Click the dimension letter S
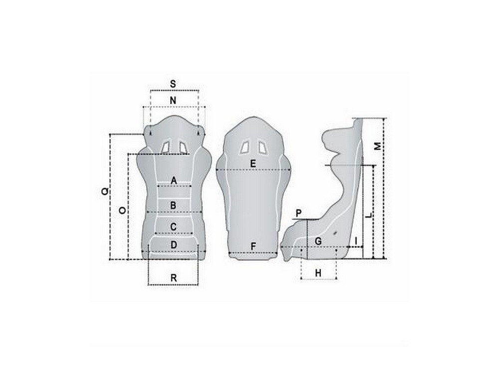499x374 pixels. click(x=173, y=84)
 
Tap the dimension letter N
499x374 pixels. click(x=173, y=101)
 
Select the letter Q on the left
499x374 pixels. click(x=105, y=191)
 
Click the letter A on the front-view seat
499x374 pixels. click(x=174, y=181)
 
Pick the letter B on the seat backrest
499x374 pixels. click(x=173, y=205)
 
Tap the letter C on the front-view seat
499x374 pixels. click(x=174, y=227)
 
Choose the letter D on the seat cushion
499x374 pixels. click(x=174, y=245)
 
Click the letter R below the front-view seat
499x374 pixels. click(x=174, y=278)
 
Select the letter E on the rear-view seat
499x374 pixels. click(x=253, y=164)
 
